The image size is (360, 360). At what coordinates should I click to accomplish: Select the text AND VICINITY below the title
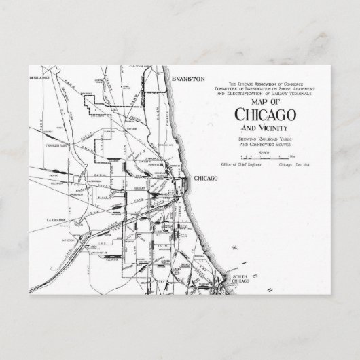[x=266, y=127]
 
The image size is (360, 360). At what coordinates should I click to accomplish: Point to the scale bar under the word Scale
[x=266, y=157]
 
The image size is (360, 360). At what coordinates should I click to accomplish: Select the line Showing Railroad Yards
[x=266, y=138]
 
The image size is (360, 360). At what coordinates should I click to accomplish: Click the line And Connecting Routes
[x=266, y=143]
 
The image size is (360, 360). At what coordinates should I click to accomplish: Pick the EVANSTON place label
[x=188, y=79]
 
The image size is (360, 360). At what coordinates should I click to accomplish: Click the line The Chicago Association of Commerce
[x=266, y=82]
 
